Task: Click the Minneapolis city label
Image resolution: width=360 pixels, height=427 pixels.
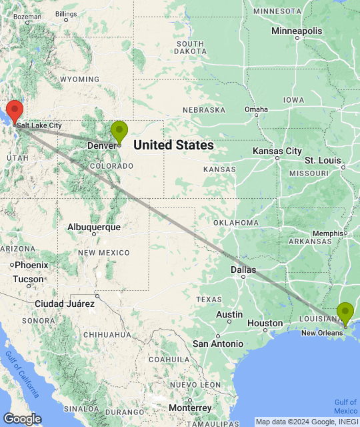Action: [x=297, y=31]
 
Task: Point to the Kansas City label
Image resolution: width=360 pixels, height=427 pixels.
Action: [x=277, y=151]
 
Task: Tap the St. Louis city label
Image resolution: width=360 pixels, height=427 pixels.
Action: [x=323, y=161]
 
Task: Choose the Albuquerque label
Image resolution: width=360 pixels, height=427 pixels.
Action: [x=94, y=227]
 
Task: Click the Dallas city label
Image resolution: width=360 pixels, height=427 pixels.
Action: [x=243, y=270]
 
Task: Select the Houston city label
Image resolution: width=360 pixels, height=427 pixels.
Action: [x=265, y=323]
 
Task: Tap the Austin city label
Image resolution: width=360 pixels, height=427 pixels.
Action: [x=229, y=314]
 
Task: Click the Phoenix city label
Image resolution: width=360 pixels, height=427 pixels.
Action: [x=31, y=264]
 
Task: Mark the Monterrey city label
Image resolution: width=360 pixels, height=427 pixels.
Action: [x=189, y=407]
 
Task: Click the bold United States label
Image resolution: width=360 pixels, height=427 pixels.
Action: [x=174, y=145]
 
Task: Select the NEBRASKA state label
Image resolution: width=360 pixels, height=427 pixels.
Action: [x=203, y=110]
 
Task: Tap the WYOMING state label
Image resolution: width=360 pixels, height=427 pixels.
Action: [x=79, y=79]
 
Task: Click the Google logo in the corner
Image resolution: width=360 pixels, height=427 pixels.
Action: [x=22, y=419]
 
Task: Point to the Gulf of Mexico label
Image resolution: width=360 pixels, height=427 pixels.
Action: [x=346, y=406]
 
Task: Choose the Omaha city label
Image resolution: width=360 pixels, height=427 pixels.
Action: [x=256, y=110]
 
